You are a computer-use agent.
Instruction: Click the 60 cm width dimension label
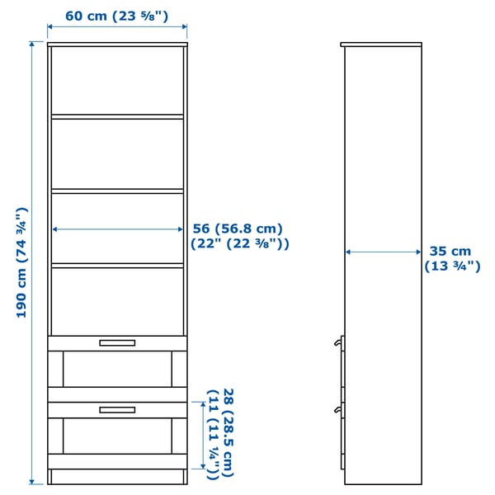click(116, 16)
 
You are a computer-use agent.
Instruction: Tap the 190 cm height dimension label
click(22, 262)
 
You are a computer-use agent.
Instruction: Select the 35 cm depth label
click(450, 252)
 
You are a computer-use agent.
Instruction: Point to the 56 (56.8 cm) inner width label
click(238, 229)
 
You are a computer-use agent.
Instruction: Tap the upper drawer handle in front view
click(116, 343)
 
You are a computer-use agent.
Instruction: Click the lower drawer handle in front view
click(116, 409)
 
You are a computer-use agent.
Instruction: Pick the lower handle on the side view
click(339, 408)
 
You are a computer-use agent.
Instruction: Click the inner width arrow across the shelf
click(118, 230)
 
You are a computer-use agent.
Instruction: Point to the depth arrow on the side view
click(384, 252)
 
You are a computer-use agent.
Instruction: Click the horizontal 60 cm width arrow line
click(117, 28)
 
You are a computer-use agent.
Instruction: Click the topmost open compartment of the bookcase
click(117, 80)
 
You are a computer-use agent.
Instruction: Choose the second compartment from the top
click(117, 153)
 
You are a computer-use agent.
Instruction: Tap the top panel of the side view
click(381, 44)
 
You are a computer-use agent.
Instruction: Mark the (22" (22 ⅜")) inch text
click(239, 244)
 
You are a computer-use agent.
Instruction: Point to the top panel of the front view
click(117, 43)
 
